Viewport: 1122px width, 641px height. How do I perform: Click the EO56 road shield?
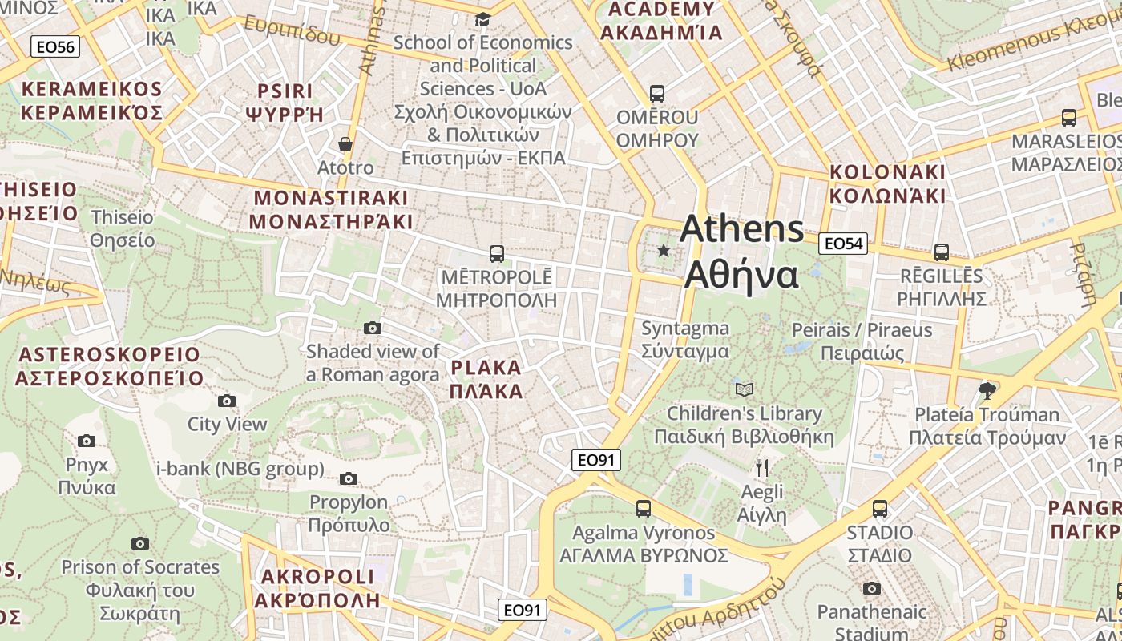(55, 47)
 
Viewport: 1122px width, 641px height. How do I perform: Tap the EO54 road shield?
(843, 244)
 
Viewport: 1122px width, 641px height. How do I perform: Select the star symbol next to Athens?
(664, 251)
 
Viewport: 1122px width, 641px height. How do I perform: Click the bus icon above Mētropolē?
(497, 254)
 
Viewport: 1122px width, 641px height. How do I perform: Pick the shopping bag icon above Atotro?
(345, 144)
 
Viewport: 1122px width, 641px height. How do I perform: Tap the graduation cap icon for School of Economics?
(483, 19)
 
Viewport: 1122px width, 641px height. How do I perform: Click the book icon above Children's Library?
(745, 389)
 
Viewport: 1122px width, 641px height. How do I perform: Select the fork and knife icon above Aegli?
(762, 468)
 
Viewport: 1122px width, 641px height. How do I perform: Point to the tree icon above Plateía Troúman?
(987, 391)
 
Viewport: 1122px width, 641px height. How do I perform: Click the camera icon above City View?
(227, 401)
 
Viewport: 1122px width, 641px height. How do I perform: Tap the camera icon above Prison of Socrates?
(140, 543)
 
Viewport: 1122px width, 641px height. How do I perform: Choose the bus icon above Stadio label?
(880, 508)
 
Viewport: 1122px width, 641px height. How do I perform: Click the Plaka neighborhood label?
(486, 380)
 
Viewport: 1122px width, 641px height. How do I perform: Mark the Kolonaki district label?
(887, 183)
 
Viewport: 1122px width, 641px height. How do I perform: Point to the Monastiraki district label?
(331, 209)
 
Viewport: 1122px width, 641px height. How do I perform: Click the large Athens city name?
(741, 252)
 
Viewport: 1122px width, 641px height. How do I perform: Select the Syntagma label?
(685, 340)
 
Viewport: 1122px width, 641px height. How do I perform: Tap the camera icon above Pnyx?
(87, 441)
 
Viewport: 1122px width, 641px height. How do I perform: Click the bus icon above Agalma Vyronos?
(644, 508)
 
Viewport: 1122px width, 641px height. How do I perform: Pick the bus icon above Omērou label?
(657, 93)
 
